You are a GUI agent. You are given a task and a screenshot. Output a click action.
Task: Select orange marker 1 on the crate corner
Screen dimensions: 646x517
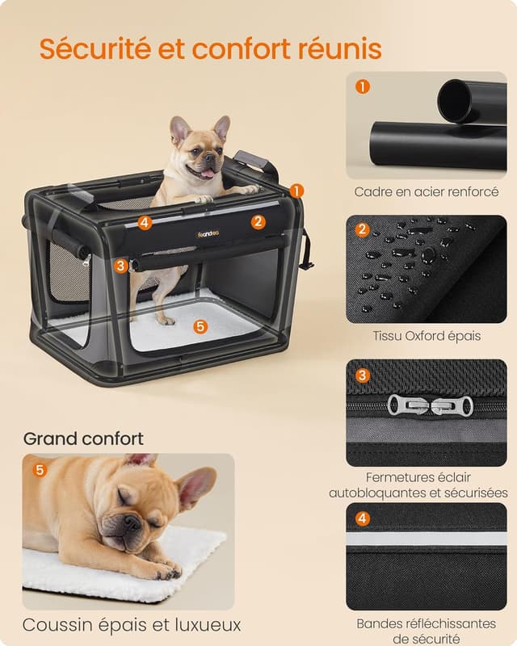point(296,191)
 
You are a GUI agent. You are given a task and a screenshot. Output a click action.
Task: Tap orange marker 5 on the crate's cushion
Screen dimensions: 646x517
point(200,326)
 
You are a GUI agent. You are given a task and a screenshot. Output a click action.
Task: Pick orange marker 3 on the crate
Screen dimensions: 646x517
point(120,265)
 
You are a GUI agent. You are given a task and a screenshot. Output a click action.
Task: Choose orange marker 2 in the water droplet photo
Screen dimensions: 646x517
point(363,230)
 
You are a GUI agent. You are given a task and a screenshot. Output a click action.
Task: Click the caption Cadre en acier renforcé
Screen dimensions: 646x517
point(427,192)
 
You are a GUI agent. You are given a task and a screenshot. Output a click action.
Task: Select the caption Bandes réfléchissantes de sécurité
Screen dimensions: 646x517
point(426,631)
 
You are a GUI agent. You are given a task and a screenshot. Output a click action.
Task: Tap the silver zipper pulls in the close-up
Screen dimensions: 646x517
point(430,405)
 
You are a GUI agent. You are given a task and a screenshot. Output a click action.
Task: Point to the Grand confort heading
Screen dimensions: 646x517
point(83,438)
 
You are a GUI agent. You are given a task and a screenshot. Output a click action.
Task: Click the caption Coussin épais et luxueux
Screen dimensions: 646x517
point(132,625)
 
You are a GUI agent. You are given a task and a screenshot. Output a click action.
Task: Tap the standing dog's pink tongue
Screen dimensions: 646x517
point(208,173)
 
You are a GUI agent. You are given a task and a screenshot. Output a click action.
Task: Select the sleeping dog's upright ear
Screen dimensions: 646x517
point(196,486)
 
